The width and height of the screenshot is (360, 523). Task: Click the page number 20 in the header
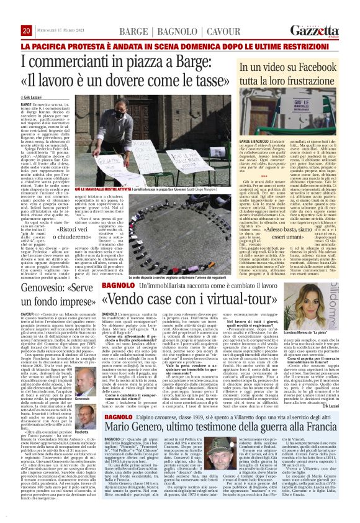(27, 30)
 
